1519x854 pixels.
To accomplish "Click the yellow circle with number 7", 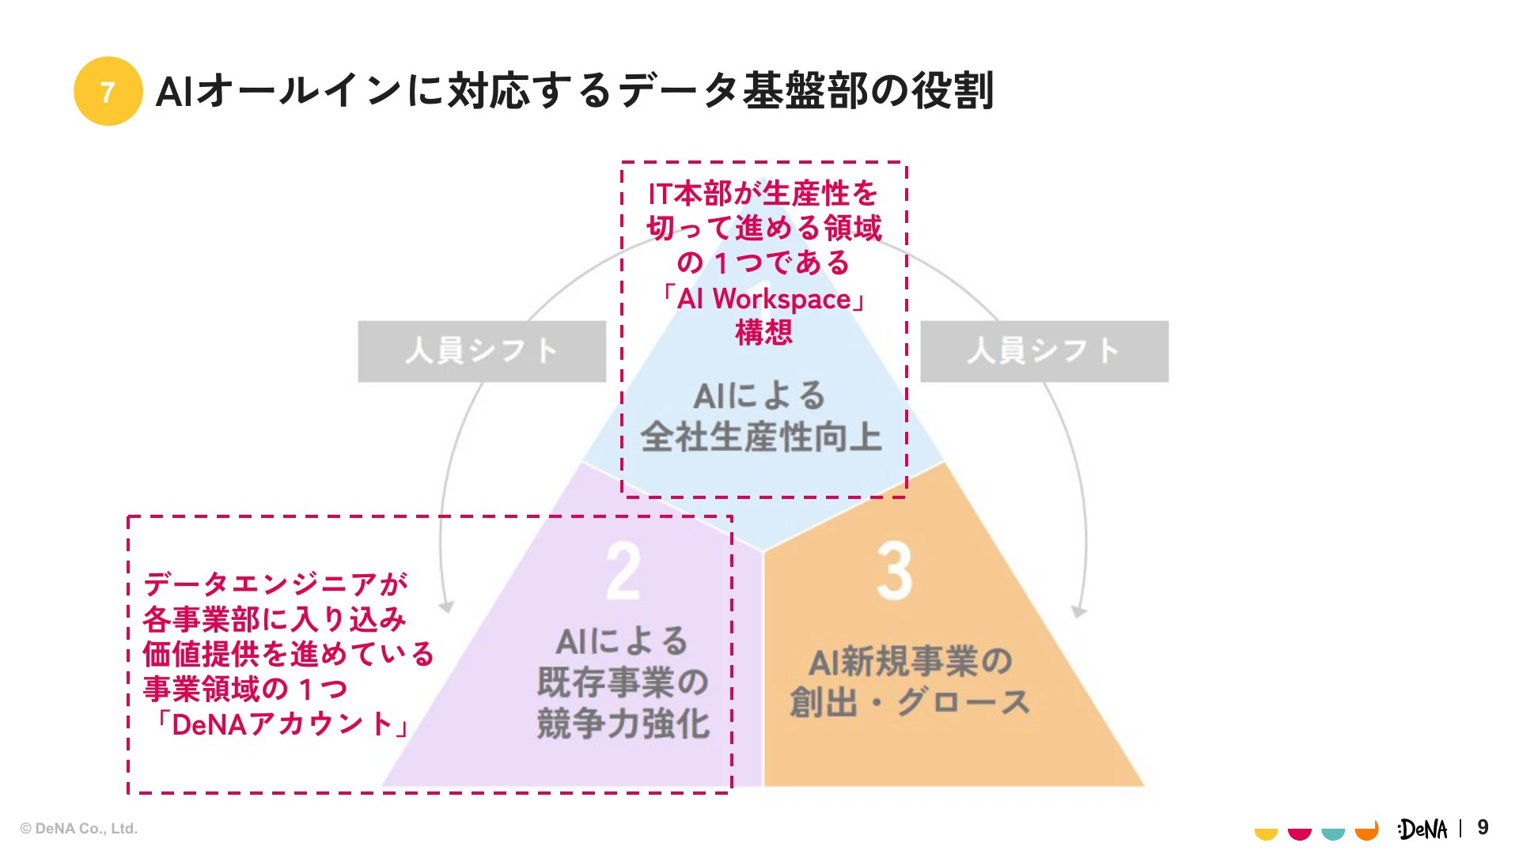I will pos(108,91).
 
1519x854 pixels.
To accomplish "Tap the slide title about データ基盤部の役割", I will pos(574,91).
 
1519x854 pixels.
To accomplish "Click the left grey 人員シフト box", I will pos(482,351).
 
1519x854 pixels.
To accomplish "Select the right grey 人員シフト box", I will pos(1044,351).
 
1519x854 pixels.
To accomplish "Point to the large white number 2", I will pos(623,572).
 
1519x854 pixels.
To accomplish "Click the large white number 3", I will pos(894,572).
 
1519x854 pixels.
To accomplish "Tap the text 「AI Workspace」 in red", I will pos(763,299).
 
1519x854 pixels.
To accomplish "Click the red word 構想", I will pos(763,332).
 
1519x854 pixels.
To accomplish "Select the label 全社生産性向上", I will pos(761,437).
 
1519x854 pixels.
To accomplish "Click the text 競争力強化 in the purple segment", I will pos(623,724).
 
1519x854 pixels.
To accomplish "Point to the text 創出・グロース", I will pos(910,702).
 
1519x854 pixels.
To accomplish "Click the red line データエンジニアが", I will pos(275,584).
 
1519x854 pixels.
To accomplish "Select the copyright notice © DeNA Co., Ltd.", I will pos(79,829).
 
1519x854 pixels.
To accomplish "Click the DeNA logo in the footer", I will pos(1422,829).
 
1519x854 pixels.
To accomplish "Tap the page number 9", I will pos(1483,827).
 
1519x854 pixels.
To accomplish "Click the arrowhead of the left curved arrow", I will pos(447,607).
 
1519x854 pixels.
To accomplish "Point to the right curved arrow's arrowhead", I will pos(1078,611).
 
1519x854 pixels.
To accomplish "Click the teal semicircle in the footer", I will pos(1333,833).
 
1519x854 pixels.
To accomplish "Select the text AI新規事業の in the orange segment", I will pos(910,661).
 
